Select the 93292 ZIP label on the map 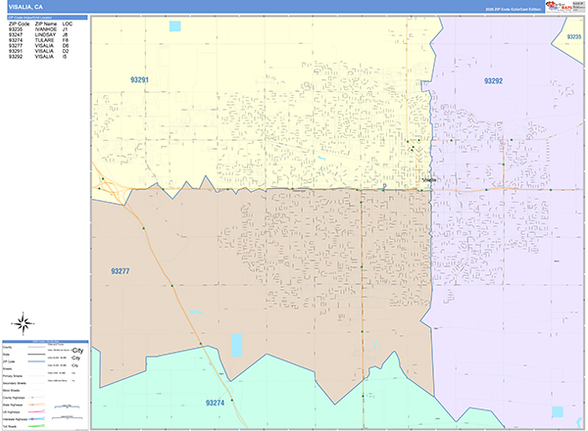click(x=493, y=80)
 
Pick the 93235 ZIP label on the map click(x=574, y=36)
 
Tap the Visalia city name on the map click(x=429, y=180)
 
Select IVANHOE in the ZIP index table click(x=47, y=29)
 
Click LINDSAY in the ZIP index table click(x=47, y=35)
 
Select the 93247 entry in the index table click(x=16, y=35)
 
